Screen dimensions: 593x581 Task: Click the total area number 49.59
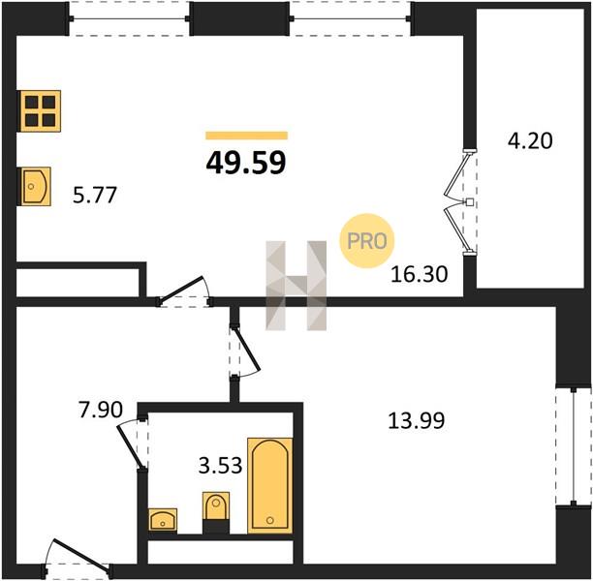click(246, 163)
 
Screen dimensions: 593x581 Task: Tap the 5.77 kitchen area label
click(95, 195)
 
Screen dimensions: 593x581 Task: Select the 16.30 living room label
click(419, 274)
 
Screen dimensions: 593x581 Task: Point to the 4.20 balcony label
click(530, 140)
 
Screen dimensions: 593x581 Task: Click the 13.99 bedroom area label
click(417, 420)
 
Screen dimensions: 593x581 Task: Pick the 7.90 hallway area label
click(101, 410)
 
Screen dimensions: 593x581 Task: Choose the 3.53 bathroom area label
click(220, 466)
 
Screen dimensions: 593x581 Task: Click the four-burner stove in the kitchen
click(40, 111)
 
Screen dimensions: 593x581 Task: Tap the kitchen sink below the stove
click(36, 186)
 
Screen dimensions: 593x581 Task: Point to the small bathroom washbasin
click(163, 520)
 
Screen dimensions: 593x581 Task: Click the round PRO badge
click(367, 241)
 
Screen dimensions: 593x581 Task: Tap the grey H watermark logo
click(296, 286)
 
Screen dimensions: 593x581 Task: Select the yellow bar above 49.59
click(246, 136)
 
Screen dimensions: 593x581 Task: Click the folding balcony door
click(461, 202)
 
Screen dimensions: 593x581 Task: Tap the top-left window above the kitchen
click(129, 18)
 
